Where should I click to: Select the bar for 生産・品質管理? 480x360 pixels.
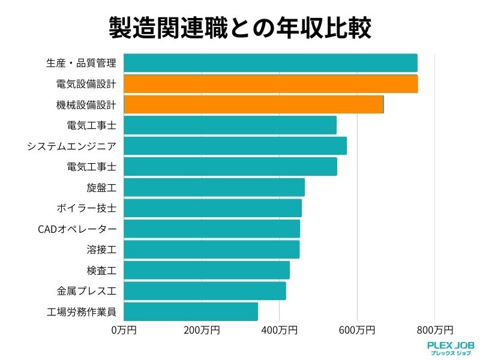270,63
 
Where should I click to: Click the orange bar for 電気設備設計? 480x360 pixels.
270,84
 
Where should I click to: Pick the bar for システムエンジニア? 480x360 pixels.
235,146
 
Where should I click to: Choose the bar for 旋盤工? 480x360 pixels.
214,187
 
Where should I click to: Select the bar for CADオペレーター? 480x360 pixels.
211,229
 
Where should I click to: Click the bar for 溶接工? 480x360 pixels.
211,250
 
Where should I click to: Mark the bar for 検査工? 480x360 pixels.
206,270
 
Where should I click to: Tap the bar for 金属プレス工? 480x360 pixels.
205,291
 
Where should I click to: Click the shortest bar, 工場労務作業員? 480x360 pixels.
191,311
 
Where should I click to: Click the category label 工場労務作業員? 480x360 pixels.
81,312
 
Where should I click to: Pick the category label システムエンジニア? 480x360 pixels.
71,146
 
